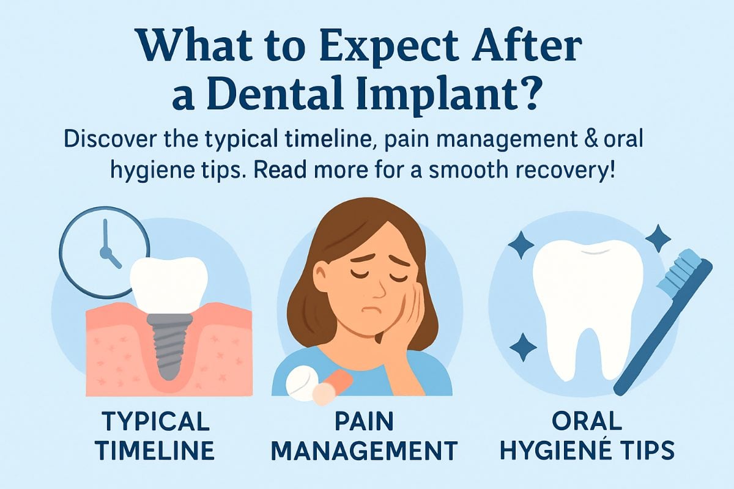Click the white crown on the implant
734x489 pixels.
click(x=168, y=281)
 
